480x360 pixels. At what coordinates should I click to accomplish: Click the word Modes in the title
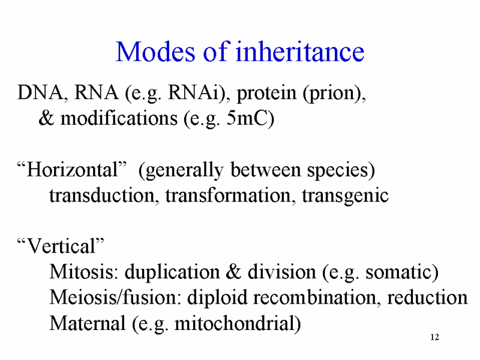coord(155,52)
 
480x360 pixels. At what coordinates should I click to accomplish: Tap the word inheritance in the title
coord(300,51)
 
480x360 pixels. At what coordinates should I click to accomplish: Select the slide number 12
coord(434,337)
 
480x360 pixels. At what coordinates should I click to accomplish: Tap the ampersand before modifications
coord(47,118)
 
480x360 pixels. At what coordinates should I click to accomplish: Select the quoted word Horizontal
coord(73,169)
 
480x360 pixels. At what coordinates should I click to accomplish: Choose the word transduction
coord(102,195)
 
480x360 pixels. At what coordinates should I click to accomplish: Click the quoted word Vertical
coord(61,246)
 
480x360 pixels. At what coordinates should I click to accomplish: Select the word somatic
coord(398,272)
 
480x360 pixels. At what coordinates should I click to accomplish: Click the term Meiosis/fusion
coord(113,297)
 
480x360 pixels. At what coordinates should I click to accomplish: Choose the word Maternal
coord(88,323)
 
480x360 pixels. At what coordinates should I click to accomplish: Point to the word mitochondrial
coord(234,323)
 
